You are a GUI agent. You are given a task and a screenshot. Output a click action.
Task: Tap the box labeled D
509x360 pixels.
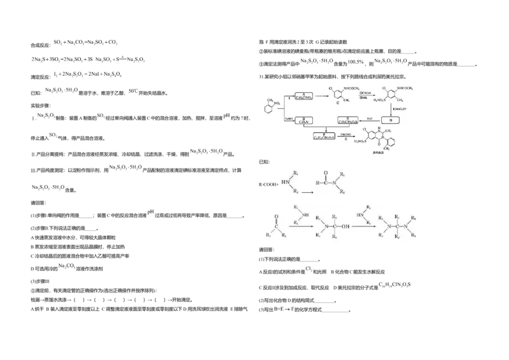click(391, 120)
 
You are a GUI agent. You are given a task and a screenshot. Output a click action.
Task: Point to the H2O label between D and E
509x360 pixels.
click(369, 118)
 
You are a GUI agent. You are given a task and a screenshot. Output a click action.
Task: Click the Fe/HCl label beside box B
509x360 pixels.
click(288, 118)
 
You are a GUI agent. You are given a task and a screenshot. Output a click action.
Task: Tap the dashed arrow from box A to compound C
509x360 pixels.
click(321, 97)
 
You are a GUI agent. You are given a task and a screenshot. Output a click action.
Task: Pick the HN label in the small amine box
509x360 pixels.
click(284, 181)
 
